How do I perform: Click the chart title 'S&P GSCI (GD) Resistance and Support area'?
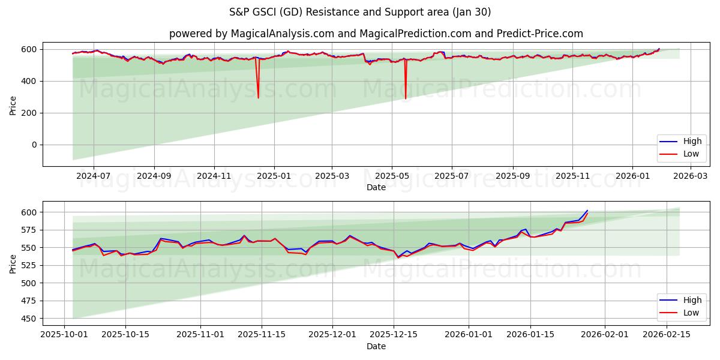(x=359, y=12)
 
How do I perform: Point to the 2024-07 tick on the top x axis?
(x=94, y=176)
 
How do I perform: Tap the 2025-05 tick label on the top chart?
(x=392, y=176)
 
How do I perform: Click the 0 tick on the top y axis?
(x=35, y=145)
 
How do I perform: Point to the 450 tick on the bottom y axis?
(x=29, y=319)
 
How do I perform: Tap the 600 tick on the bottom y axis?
(x=29, y=212)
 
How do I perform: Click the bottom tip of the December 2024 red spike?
(x=258, y=98)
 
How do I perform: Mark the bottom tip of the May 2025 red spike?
(x=406, y=99)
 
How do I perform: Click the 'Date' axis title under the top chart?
(x=376, y=187)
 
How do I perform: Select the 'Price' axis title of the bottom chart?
(x=13, y=263)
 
